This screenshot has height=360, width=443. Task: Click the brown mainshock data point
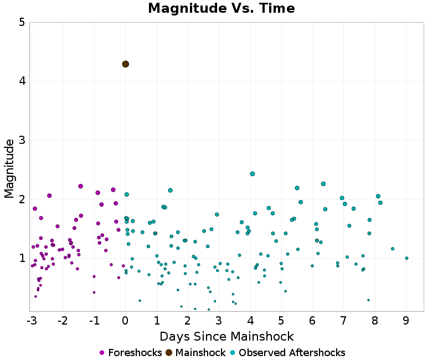click(x=126, y=64)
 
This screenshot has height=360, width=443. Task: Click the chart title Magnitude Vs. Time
click(x=221, y=8)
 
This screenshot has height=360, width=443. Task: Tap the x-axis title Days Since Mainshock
click(x=226, y=336)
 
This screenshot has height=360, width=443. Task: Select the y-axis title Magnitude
click(x=9, y=168)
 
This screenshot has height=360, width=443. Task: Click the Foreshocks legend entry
click(x=131, y=353)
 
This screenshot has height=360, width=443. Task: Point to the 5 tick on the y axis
click(x=21, y=23)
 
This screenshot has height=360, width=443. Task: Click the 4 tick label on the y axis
click(x=21, y=81)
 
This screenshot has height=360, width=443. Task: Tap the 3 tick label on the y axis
click(x=21, y=140)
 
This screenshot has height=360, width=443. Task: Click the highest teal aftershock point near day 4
click(x=253, y=174)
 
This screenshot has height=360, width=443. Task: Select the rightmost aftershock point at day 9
click(x=406, y=258)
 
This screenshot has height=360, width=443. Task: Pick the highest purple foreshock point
click(x=81, y=186)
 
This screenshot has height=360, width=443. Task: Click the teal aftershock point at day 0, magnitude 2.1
click(x=127, y=194)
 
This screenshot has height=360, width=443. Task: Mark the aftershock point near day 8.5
click(x=393, y=249)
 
